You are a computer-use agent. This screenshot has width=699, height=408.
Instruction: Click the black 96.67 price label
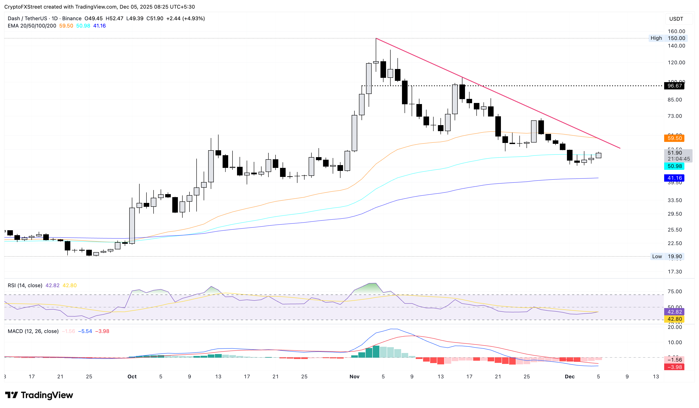pos(674,86)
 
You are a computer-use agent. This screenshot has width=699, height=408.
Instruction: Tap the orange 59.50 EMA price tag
pos(674,138)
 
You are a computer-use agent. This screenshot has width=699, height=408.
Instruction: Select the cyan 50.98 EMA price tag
pos(674,166)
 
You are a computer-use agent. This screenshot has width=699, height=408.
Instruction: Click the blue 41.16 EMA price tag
pos(674,178)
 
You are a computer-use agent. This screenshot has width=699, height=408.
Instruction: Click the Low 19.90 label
pos(667,257)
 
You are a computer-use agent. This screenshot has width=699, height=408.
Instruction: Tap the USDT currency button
pos(676,19)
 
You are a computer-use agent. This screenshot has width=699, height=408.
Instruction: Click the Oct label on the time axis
pos(132,377)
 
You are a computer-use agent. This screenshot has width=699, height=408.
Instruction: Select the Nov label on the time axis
pos(354,377)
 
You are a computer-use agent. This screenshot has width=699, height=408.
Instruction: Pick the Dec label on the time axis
pos(570,377)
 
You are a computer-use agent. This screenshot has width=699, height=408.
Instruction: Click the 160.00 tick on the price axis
pos(676,31)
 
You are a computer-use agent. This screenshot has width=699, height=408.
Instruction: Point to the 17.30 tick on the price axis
pos(675,272)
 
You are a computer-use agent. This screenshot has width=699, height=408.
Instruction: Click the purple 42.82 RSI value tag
pos(674,312)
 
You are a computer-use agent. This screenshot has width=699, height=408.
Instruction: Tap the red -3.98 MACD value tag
pos(674,367)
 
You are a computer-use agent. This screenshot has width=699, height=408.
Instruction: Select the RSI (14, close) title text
pos(25,285)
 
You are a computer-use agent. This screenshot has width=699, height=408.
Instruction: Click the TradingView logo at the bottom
pos(39,395)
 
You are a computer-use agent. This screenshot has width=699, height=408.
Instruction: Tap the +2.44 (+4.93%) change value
pos(185,18)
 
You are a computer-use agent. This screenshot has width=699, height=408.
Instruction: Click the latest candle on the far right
pos(599,155)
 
